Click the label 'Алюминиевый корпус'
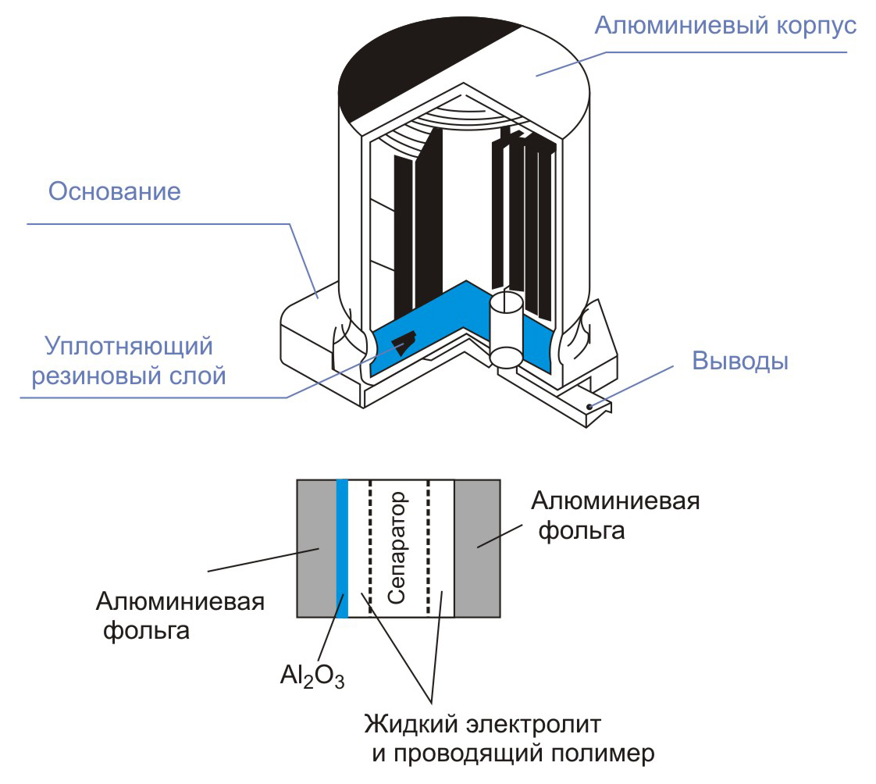point(725,25)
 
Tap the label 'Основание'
point(115,191)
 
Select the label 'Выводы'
point(740,362)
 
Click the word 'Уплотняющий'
point(129,344)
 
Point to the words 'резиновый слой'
point(128,376)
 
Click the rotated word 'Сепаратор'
point(398,547)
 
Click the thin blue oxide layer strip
point(342,547)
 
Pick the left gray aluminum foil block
point(316,547)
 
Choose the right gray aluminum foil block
point(477,547)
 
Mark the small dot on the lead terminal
point(589,406)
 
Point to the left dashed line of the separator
point(370,547)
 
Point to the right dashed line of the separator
point(428,547)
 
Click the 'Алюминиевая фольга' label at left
point(180,615)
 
